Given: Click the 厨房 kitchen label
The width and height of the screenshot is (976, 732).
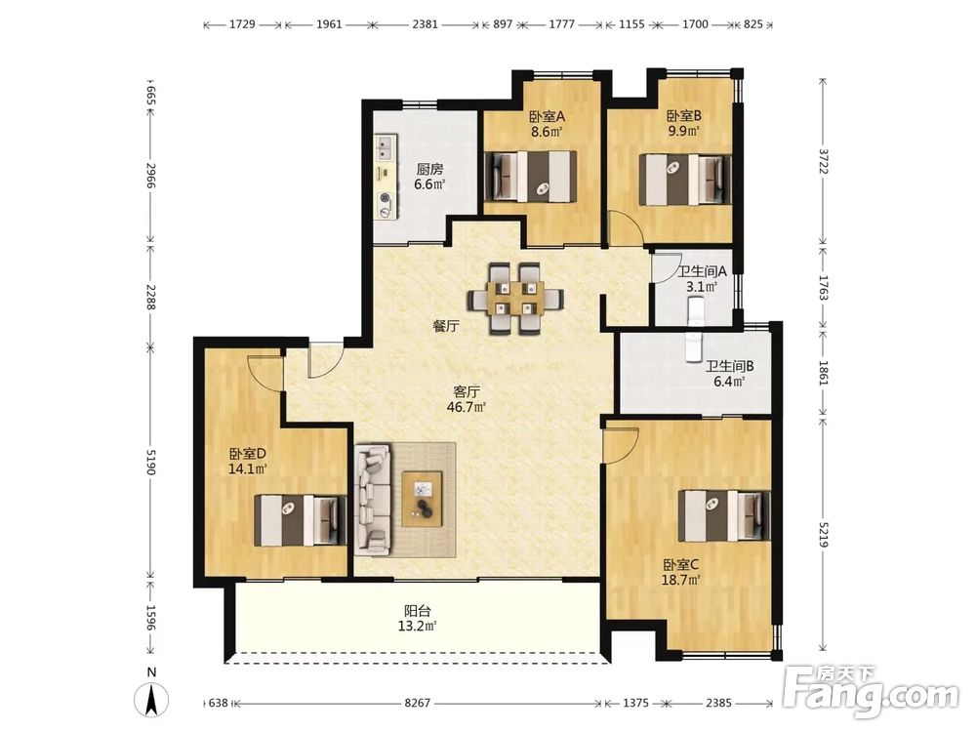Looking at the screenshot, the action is coord(429,169).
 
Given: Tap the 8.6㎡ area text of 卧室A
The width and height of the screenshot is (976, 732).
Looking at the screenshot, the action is coord(547,132).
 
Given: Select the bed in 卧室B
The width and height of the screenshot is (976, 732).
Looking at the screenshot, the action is coord(685,180).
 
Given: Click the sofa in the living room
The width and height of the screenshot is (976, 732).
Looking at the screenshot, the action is coord(373,499).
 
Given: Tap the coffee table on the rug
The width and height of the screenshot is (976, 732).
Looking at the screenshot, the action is coord(422,499).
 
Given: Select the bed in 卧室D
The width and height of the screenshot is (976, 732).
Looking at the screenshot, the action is coord(300,520).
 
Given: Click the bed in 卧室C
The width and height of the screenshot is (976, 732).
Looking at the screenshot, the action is coord(724,514).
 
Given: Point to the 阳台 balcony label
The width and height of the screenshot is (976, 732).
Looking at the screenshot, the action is coord(417,611).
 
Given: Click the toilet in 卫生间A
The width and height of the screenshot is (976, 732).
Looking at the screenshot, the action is coord(695,310).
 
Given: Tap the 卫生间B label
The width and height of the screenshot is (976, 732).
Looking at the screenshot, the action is coord(729,367).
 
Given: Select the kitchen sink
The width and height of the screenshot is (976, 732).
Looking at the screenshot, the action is coord(383,147).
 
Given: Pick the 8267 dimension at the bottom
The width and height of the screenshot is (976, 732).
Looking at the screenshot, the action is coord(417,703).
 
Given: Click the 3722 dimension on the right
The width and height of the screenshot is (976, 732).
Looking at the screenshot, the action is coord(824,161).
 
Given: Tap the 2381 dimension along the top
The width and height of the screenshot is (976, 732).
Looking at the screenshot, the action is coord(426,24).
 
